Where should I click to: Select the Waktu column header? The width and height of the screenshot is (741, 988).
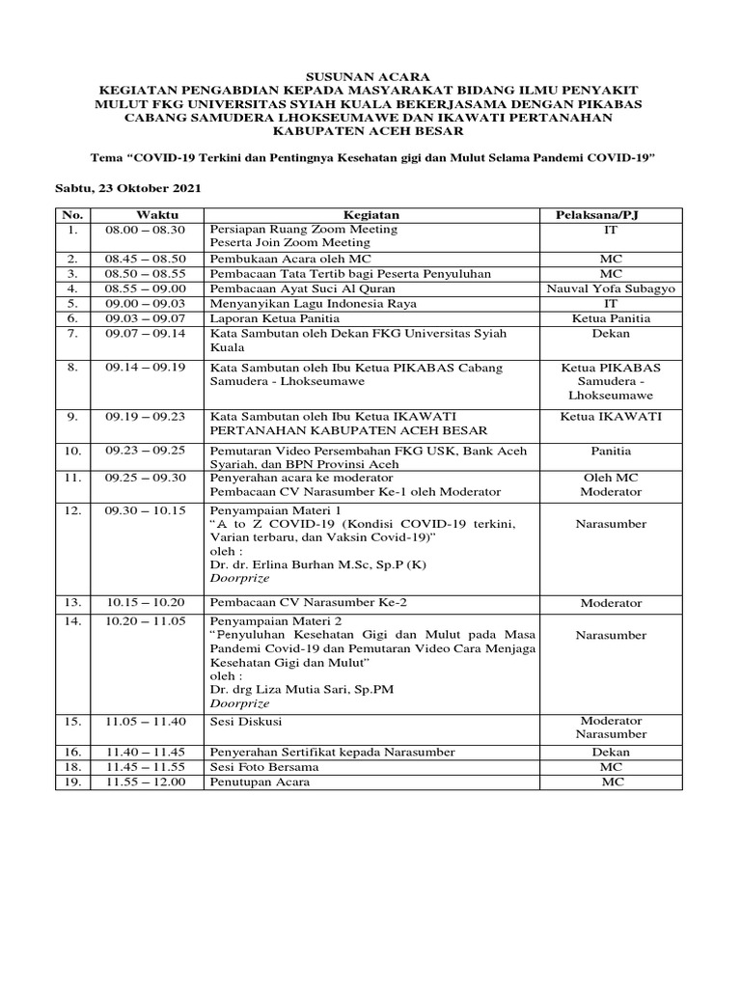tap(151, 214)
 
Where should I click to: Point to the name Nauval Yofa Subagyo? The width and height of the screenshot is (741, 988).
tap(610, 288)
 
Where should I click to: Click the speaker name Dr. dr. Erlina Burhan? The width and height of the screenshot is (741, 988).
tap(300, 563)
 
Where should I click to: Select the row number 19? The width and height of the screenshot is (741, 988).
tap(71, 782)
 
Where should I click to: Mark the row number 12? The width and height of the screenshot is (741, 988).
tap(71, 509)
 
